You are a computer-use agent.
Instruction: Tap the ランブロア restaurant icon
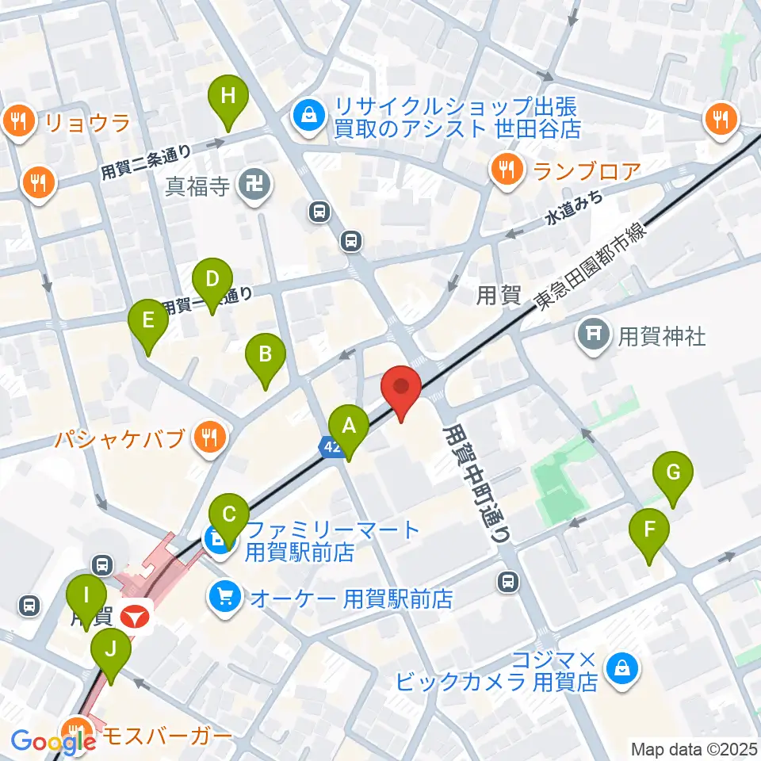pyautogui.click(x=504, y=169)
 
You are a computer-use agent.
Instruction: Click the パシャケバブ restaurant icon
pyautogui.click(x=210, y=437)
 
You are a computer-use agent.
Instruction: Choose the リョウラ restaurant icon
pyautogui.click(x=17, y=121)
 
